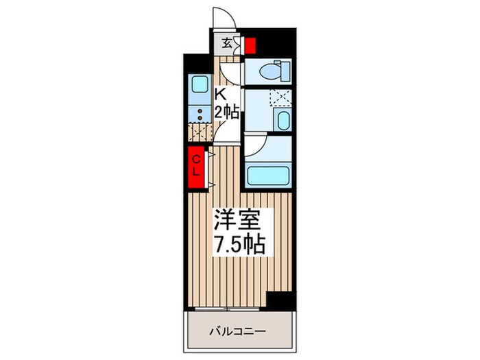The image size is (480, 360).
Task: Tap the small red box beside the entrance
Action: (250, 45)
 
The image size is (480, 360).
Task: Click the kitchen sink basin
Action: (201, 86)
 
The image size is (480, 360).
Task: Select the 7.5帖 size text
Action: (238, 244)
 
